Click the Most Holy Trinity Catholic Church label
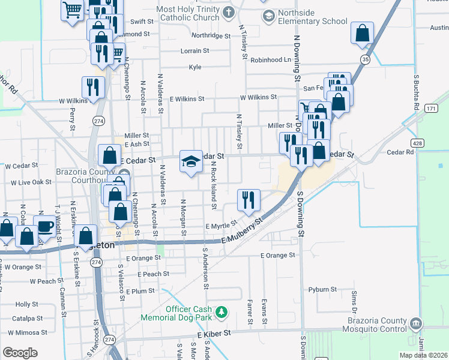(188, 14)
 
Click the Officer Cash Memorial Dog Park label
(181, 313)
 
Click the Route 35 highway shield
(365, 59)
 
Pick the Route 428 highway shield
(418, 143)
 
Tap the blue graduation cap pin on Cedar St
(191, 161)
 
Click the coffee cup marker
(44, 225)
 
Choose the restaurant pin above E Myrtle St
(249, 200)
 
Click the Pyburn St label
(322, 290)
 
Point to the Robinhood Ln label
(271, 60)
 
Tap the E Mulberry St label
(243, 232)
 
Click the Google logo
(20, 353)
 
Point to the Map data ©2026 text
(423, 355)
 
